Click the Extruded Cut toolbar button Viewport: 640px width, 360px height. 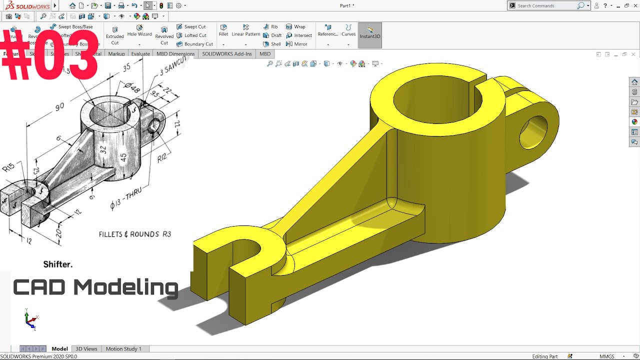(x=114, y=35)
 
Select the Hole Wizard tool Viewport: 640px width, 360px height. (x=139, y=31)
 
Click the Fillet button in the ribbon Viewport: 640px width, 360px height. (x=223, y=30)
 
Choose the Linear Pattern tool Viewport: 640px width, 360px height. (x=245, y=30)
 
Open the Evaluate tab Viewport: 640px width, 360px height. (x=140, y=54)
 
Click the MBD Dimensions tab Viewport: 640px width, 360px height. (x=175, y=54)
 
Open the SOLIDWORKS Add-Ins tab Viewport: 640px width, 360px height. (x=226, y=54)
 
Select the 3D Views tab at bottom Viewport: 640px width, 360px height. (x=86, y=349)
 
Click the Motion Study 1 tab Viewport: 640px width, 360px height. (x=123, y=349)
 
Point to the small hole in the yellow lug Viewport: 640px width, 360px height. (x=533, y=132)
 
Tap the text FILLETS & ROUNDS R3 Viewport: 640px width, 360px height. (x=135, y=234)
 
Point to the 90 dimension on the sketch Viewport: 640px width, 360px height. (x=59, y=107)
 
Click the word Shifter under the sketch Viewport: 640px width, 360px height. (x=57, y=264)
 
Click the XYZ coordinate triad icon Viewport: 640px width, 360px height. (x=30, y=319)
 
